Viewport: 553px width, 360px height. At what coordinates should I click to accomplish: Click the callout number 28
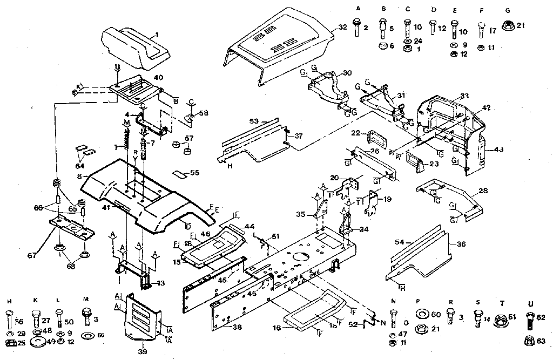click(x=483, y=191)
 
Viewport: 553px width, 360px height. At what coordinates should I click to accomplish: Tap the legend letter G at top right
click(x=507, y=9)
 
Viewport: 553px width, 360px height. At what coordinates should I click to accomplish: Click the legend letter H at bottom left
click(x=10, y=300)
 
